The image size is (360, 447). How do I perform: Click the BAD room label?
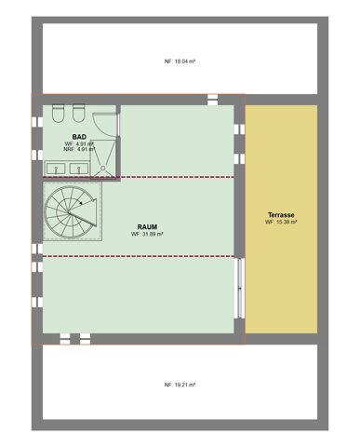click(x=79, y=136)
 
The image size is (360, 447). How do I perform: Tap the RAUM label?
click(x=147, y=224)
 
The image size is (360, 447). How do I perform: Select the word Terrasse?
click(x=280, y=214)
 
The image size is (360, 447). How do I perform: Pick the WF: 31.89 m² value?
click(x=147, y=234)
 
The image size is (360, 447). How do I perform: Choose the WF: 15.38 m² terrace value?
click(x=280, y=223)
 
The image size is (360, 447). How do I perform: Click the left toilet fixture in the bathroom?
click(x=59, y=113)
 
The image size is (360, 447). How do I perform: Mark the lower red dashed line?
click(x=140, y=256)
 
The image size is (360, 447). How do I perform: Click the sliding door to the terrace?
click(x=240, y=289)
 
